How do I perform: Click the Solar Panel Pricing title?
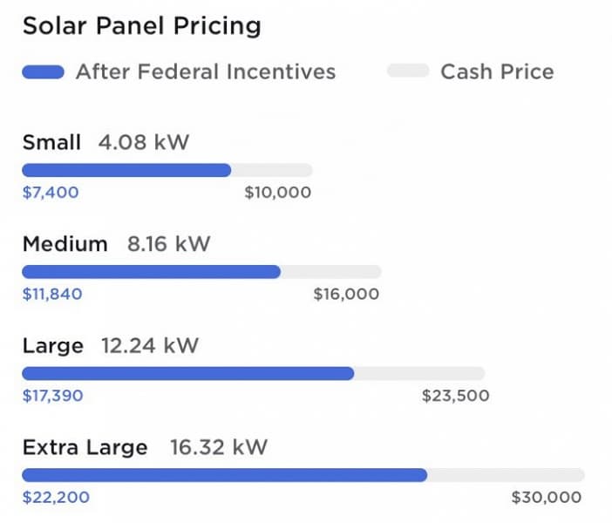pos(141,26)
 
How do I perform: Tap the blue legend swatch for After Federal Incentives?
pos(43,72)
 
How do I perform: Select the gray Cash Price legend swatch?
pos(407,71)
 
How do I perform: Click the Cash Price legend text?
pos(497,71)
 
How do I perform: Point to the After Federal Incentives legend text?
pos(206,71)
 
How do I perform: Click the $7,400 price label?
pos(50,193)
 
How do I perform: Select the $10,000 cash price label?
pos(277,193)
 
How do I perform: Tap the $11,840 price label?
pos(52,294)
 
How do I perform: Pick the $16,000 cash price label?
pos(346,294)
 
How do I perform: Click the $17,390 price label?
pos(52,396)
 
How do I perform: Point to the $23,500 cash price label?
pos(455,396)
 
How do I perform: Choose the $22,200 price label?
pos(56,498)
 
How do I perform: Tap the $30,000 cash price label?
pos(546,498)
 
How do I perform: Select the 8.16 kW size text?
pos(169,244)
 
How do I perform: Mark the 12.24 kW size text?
pos(150,346)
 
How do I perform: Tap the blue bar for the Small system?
pos(126,170)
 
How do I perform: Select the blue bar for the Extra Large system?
pos(224,475)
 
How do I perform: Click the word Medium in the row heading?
pos(65,244)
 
